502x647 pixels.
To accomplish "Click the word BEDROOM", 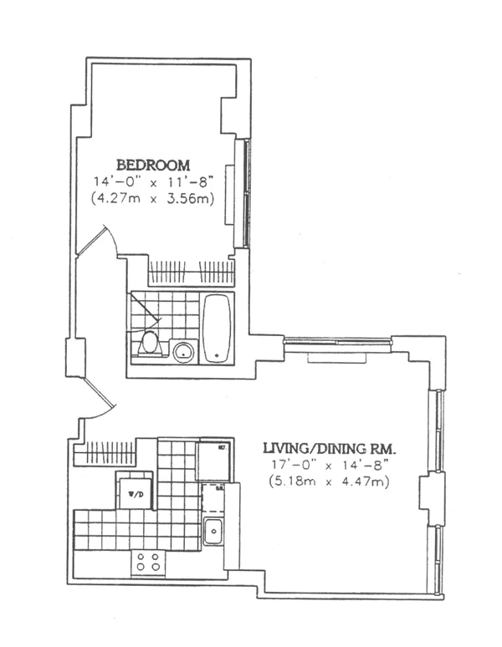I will pyautogui.click(x=153, y=165).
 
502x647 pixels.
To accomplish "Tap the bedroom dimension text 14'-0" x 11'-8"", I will pyautogui.click(x=153, y=181).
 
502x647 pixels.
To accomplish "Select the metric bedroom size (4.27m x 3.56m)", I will pyautogui.click(x=153, y=198).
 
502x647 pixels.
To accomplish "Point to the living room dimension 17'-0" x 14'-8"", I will pyautogui.click(x=329, y=466).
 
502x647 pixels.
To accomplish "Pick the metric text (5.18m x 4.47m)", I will pyautogui.click(x=329, y=482).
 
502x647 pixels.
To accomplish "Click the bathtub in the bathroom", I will pyautogui.click(x=217, y=327).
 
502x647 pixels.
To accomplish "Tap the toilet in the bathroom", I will pyautogui.click(x=150, y=344).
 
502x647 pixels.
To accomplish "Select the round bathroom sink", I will pyautogui.click(x=183, y=351).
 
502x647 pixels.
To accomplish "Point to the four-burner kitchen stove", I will pyautogui.click(x=149, y=563).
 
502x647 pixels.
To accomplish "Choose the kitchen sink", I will pyautogui.click(x=213, y=530).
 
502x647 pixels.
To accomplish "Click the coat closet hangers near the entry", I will pyautogui.click(x=105, y=453).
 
